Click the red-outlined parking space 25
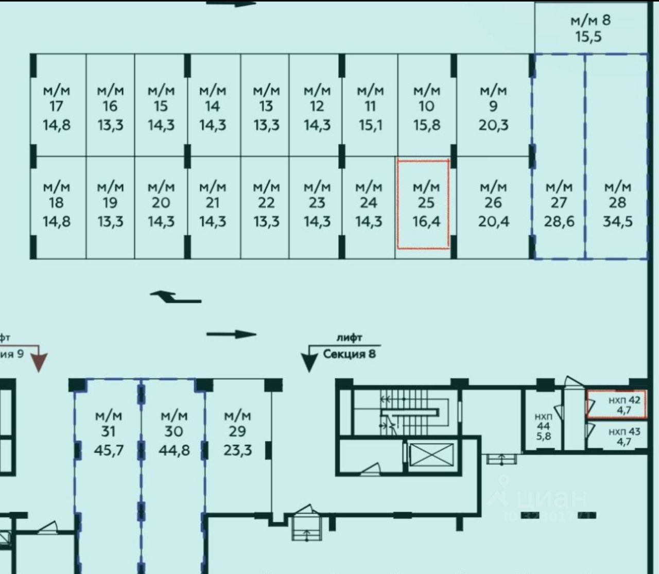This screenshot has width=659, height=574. pyautogui.click(x=423, y=204)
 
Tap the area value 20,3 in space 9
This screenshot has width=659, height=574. pyautogui.click(x=493, y=125)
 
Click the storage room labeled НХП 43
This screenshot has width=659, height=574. pyautogui.click(x=624, y=436)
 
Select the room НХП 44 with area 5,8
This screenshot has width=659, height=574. pyautogui.click(x=543, y=426)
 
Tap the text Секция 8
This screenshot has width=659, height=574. pyautogui.click(x=349, y=354)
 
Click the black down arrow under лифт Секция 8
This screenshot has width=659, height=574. pyautogui.click(x=309, y=360)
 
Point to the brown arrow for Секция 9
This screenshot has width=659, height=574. pyautogui.click(x=39, y=361)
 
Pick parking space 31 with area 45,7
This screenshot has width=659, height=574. pyautogui.click(x=108, y=432)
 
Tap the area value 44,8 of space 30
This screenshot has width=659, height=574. pyautogui.click(x=174, y=450)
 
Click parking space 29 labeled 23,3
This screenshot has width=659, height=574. pyautogui.click(x=237, y=432)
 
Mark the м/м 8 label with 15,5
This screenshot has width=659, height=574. pyautogui.click(x=590, y=28)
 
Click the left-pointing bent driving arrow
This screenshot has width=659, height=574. pyautogui.click(x=175, y=297)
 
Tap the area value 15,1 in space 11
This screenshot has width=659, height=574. pyautogui.click(x=370, y=125)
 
